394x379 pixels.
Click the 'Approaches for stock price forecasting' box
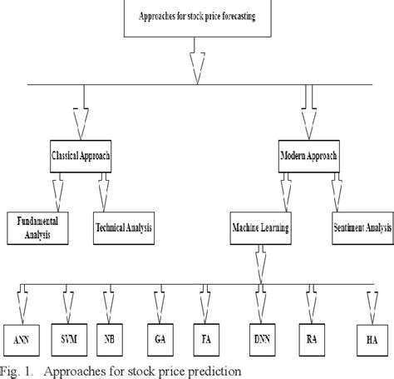click(x=195, y=17)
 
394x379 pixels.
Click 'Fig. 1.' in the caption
click(x=19, y=370)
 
